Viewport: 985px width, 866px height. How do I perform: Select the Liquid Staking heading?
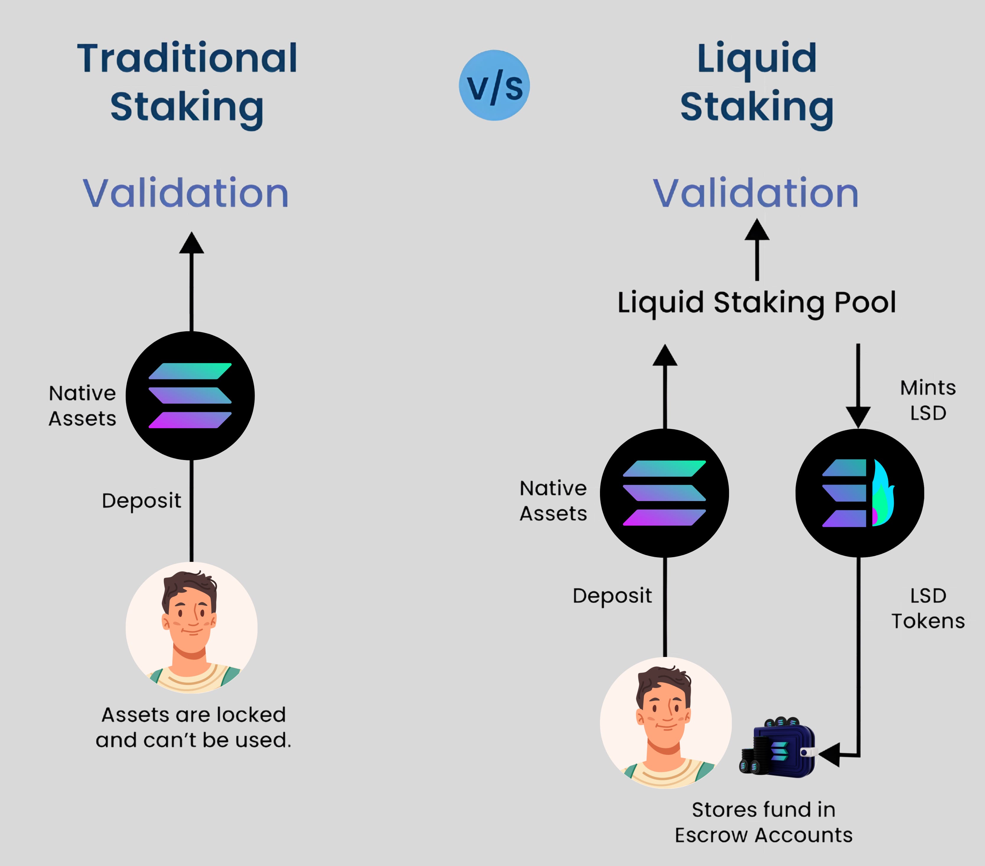756,83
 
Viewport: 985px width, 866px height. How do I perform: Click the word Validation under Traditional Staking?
186,193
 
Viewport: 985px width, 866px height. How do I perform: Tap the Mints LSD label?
928,400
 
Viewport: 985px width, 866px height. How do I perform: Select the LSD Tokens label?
928,608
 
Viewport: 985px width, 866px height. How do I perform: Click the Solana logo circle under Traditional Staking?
190,396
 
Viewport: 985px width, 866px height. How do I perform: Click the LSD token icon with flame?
859,493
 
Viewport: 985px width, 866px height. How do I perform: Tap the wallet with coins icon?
777,747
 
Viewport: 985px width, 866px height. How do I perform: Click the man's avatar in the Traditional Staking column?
191,627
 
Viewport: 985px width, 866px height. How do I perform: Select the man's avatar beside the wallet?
666,723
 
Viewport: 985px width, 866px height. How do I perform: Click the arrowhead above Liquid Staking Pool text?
756,230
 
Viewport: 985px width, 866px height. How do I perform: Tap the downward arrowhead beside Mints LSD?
858,416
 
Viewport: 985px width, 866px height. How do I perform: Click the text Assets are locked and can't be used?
193,727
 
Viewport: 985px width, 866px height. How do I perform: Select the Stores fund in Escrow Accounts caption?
763,822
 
